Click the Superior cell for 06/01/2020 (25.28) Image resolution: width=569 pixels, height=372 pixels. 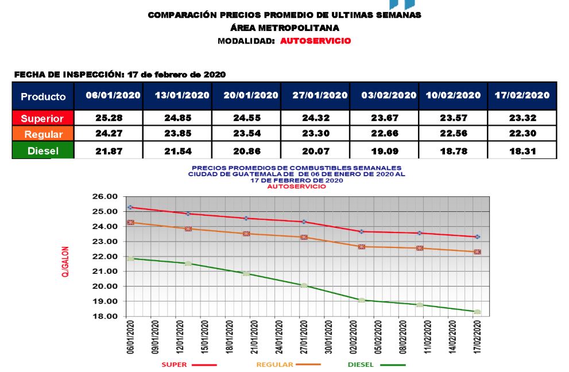click(x=109, y=118)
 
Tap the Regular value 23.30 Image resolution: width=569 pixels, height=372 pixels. click(x=315, y=134)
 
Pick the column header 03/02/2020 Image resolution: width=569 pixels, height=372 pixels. click(x=384, y=95)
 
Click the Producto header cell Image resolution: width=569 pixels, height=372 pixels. click(x=43, y=96)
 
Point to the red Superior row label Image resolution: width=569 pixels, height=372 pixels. click(x=43, y=118)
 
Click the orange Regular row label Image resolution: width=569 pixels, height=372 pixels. click(x=43, y=134)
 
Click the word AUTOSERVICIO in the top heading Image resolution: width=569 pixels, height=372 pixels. click(x=315, y=41)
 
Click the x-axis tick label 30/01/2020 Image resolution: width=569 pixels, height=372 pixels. click(x=326, y=339)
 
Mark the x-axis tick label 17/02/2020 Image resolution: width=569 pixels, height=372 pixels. click(x=476, y=339)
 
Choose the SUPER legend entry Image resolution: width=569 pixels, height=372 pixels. click(x=173, y=365)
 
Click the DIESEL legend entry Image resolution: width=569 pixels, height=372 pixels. click(x=360, y=365)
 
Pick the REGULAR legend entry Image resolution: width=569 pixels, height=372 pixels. click(x=275, y=365)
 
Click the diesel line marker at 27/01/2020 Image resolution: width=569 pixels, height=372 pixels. click(x=304, y=285)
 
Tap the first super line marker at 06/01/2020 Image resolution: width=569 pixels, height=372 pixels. click(x=130, y=207)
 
